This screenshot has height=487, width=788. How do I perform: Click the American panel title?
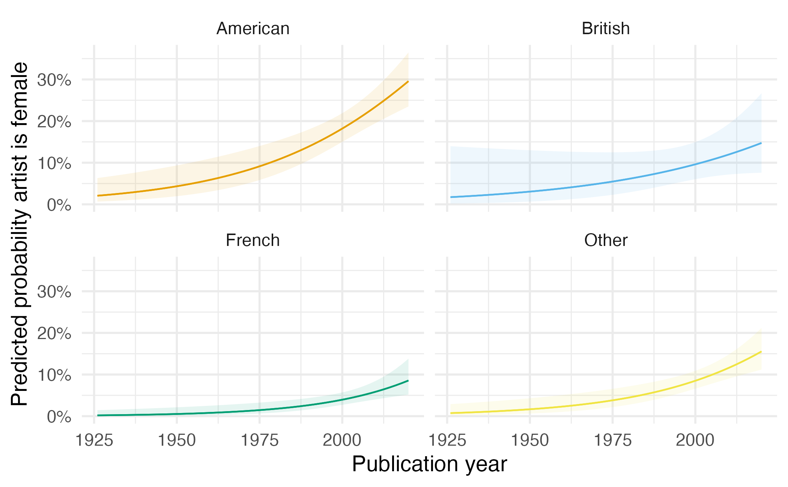coord(253,29)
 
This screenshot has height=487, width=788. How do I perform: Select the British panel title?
coord(606,29)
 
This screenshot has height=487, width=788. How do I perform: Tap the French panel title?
coord(253,240)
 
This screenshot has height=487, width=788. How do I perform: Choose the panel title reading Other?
coord(606,240)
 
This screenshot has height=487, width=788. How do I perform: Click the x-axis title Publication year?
coord(429,464)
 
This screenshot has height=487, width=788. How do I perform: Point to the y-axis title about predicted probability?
coord(20,234)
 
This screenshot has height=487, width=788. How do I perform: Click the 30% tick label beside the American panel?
coord(54,80)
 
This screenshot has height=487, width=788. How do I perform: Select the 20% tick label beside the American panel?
coord(54,122)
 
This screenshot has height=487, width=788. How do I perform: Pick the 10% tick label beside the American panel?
coord(54,163)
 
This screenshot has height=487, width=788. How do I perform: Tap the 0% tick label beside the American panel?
coord(59,205)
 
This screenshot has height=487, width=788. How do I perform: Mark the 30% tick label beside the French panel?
coord(54,292)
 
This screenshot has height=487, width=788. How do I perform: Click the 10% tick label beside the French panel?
coord(54,375)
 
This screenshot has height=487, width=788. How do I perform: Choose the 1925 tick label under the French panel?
coord(94,440)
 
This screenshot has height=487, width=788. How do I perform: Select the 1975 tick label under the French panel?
coord(259,440)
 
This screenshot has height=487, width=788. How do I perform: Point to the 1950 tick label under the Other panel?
coord(530,440)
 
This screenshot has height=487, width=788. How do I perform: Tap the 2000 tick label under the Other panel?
coord(695,440)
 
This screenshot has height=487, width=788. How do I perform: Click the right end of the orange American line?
coord(408,81)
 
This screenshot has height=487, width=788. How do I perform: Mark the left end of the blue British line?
coord(451,197)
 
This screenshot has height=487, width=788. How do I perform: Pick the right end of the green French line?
coord(408,381)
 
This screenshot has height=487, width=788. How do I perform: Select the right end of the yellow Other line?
coord(761,351)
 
